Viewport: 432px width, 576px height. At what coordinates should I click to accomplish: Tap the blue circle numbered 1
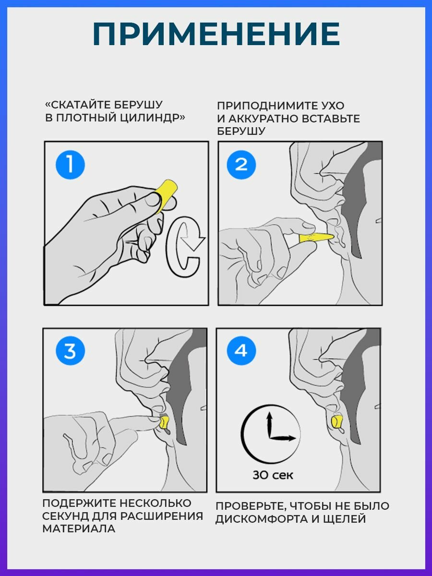[x=70, y=165]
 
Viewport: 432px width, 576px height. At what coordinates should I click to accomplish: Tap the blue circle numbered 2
[x=241, y=165]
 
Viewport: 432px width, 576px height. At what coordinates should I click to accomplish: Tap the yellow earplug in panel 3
[x=164, y=423]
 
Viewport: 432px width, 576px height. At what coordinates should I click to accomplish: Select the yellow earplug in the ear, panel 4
[x=336, y=423]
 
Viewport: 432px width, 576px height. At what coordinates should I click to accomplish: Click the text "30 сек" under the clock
[x=273, y=476]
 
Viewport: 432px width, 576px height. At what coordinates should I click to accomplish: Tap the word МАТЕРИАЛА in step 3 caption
[x=79, y=529]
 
